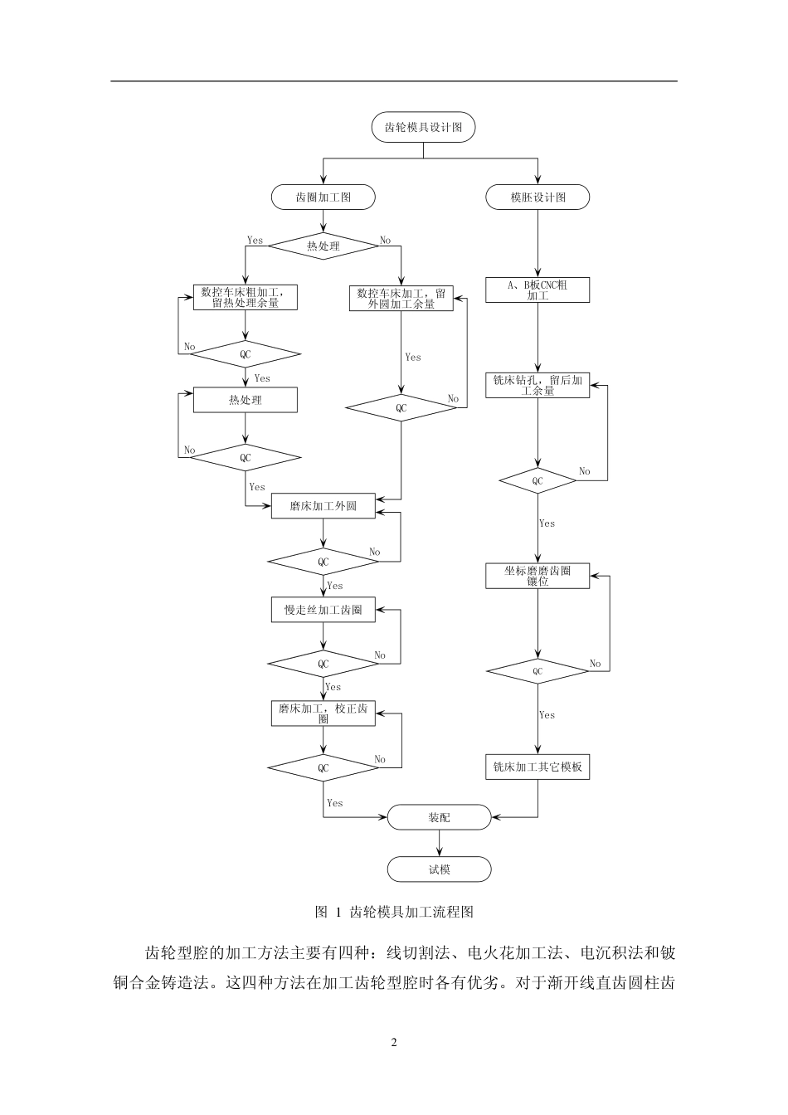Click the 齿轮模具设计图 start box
pos(424,128)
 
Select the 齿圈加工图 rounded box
pos(323,197)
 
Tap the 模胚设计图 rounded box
pos(537,197)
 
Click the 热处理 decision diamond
pos(323,246)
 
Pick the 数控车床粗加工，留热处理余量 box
pos(245,298)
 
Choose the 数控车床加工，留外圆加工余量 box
pos(401,298)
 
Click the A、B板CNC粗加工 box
pos(537,290)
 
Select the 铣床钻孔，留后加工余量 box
pos(537,385)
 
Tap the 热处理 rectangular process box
pos(245,400)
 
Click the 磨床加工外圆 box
pos(323,506)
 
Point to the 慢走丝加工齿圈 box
pos(323,610)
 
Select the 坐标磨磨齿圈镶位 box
pos(537,576)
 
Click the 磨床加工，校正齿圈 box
pos(323,713)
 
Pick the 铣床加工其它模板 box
pos(537,767)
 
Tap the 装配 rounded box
pos(440,817)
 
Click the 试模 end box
pos(440,869)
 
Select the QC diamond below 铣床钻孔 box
pos(537,480)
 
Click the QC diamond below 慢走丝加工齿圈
pos(323,664)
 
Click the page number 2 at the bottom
pos(394,1042)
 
